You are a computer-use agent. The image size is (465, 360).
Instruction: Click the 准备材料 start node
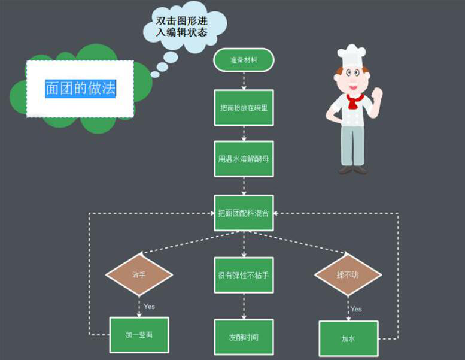pyautogui.click(x=244, y=60)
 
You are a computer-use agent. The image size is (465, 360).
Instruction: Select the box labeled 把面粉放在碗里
pyautogui.click(x=244, y=107)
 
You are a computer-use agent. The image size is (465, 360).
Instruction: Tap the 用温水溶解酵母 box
pyautogui.click(x=244, y=159)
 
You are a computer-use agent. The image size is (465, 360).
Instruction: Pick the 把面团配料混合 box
pyautogui.click(x=244, y=213)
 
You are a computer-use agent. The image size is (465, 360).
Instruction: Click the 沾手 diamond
pyautogui.click(x=139, y=274)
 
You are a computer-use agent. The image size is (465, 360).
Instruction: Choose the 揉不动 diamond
pyautogui.click(x=348, y=274)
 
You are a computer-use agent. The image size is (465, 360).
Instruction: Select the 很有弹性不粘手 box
pyautogui.click(x=244, y=276)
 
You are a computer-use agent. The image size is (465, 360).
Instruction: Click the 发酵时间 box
pyautogui.click(x=244, y=337)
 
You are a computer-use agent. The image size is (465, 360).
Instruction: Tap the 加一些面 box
pyautogui.click(x=139, y=335)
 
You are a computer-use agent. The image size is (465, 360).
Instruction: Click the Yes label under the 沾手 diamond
pyautogui.click(x=149, y=307)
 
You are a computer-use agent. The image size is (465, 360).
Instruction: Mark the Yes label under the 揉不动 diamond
pyautogui.click(x=356, y=309)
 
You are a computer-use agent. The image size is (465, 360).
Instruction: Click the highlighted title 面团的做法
pyautogui.click(x=80, y=89)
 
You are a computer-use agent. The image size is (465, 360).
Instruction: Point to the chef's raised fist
pyautogui.click(x=377, y=94)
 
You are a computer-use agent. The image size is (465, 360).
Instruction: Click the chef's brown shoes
pyautogui.click(x=352, y=170)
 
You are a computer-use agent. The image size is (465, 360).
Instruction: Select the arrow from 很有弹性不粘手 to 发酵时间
pyautogui.click(x=244, y=306)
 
